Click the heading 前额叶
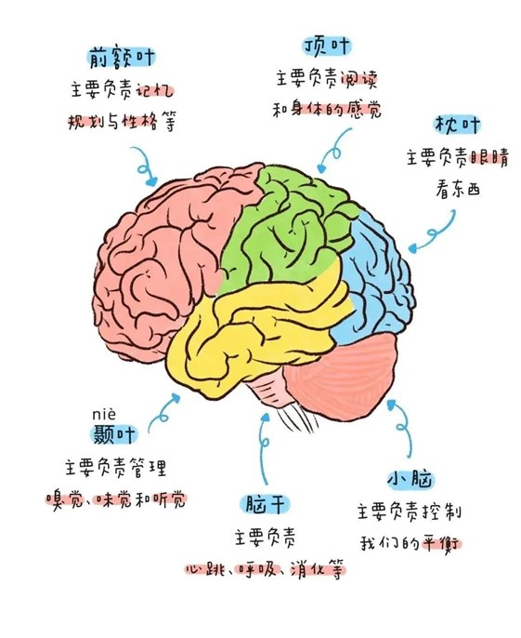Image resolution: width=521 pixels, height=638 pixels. [122, 58]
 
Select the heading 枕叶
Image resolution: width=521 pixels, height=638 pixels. [458, 125]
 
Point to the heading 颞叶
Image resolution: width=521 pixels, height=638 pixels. [114, 433]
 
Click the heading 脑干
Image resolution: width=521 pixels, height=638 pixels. [266, 504]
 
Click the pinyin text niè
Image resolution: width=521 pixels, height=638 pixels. [104, 415]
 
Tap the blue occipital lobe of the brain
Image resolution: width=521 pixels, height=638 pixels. [376, 277]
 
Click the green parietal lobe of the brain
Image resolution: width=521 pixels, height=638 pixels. [284, 228]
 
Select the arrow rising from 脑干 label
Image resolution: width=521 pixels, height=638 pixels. [264, 447]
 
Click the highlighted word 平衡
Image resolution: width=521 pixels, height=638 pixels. [441, 544]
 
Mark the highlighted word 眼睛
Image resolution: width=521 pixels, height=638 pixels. [488, 157]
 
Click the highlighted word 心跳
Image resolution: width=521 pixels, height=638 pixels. [206, 569]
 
